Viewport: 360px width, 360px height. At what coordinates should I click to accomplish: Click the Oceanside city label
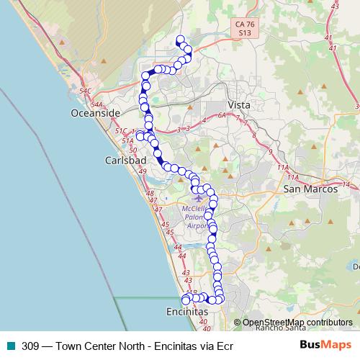point(95,114)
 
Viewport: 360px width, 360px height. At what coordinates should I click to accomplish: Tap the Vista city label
point(238,105)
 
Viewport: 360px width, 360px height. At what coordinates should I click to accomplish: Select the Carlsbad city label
point(120,159)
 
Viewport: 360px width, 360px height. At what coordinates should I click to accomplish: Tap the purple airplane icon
point(199,197)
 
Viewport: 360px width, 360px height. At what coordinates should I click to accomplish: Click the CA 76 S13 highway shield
point(244,28)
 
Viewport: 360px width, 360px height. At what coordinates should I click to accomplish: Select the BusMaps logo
point(325,345)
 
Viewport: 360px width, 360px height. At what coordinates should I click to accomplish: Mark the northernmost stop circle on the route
point(180,40)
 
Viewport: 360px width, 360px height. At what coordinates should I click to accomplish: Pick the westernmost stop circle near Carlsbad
point(140,136)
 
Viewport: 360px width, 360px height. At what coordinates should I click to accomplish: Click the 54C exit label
point(86,91)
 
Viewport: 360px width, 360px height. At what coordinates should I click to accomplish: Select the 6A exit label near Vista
point(222,115)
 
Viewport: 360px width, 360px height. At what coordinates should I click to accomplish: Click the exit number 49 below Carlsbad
point(142,171)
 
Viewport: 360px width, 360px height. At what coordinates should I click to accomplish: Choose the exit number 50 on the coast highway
point(132,149)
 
